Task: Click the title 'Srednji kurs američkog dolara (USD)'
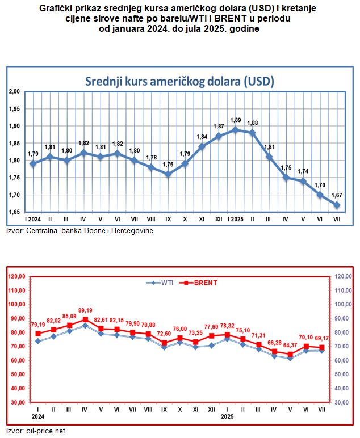point(179,81)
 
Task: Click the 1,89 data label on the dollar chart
point(235,120)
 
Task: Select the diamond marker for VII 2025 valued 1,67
point(337,205)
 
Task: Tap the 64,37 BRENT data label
point(290,345)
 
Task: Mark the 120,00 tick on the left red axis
point(17,276)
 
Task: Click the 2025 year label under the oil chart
point(227,416)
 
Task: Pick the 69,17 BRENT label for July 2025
point(321,339)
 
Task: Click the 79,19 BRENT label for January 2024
point(38,325)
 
